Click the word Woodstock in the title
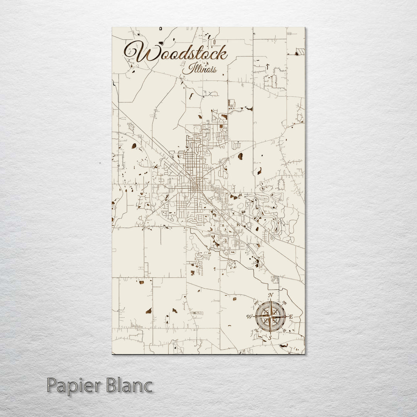[x=176, y=53]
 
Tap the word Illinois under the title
[x=199, y=69]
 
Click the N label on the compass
[x=271, y=295]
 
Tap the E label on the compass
[x=291, y=317]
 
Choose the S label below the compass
[x=270, y=337]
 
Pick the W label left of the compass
[x=249, y=317]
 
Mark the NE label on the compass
[x=285, y=302]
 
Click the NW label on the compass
[x=256, y=302]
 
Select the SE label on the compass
[x=285, y=331]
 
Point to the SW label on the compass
[x=256, y=331]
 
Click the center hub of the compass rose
[x=270, y=317]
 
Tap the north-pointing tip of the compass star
[x=270, y=301]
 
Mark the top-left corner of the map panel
[x=112, y=27]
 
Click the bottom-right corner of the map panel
[x=305, y=353]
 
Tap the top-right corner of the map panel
[x=305, y=27]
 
